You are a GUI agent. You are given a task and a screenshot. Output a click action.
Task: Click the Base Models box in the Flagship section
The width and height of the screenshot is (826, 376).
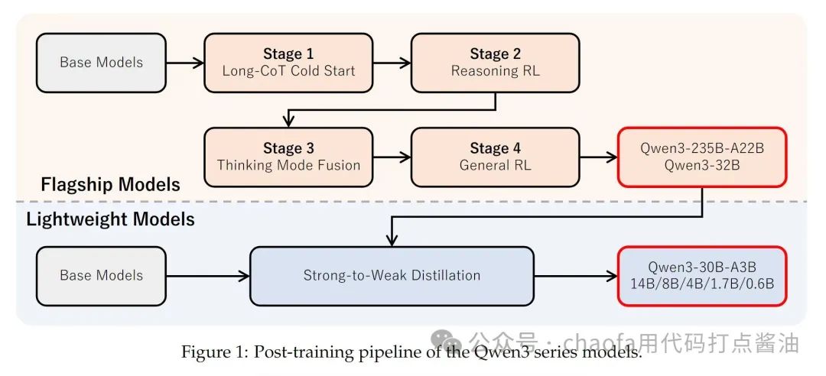pos(101,63)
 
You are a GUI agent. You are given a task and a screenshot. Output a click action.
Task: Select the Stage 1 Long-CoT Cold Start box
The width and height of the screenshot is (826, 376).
pos(288,63)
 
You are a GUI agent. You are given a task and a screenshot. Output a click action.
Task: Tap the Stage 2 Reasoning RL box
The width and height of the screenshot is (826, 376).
pos(496,63)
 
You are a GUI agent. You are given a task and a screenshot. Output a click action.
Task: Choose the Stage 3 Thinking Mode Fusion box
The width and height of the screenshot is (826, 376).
pos(288,157)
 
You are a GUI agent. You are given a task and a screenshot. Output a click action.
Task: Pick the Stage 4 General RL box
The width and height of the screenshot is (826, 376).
pos(496,157)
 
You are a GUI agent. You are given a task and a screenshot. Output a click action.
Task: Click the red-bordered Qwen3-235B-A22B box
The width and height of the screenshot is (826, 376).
pos(701,157)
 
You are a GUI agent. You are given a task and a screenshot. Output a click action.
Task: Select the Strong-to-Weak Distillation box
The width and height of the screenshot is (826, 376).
pos(392,275)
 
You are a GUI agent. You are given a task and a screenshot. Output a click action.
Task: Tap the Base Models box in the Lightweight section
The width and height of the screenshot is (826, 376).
pos(101,275)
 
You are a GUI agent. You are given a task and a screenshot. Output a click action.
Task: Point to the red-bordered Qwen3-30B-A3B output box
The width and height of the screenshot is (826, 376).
pos(701,275)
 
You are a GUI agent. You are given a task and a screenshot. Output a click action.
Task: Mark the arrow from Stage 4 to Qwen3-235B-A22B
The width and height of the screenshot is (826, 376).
pos(598,157)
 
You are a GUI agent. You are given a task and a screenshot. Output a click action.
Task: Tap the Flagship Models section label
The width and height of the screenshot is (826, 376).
pos(110,184)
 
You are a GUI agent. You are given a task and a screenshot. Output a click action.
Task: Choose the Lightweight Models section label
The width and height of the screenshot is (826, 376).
pos(110,220)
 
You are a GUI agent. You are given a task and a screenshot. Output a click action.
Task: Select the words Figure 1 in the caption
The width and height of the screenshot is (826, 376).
pos(211,352)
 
